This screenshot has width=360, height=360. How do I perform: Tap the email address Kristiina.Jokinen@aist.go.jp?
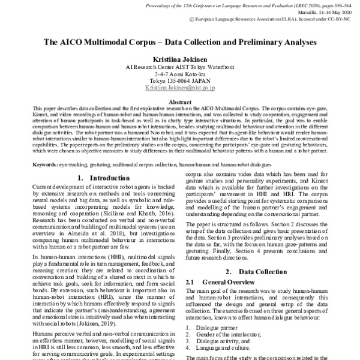(180, 88)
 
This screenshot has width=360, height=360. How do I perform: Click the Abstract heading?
(180, 103)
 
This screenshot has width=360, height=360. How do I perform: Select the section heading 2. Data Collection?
(258, 271)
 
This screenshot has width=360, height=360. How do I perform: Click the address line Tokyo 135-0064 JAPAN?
(180, 81)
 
